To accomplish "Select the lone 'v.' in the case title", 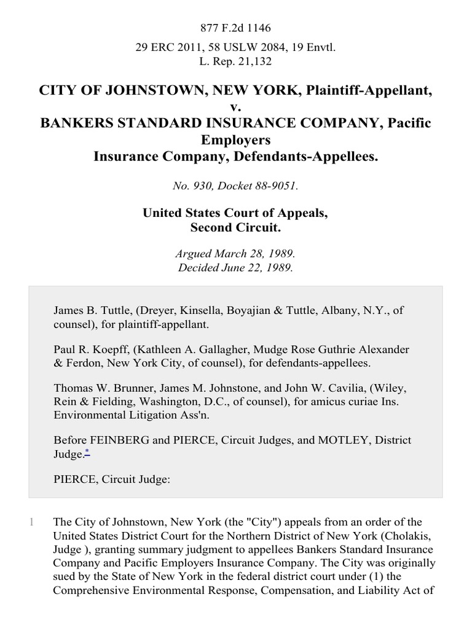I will coord(236,107).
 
